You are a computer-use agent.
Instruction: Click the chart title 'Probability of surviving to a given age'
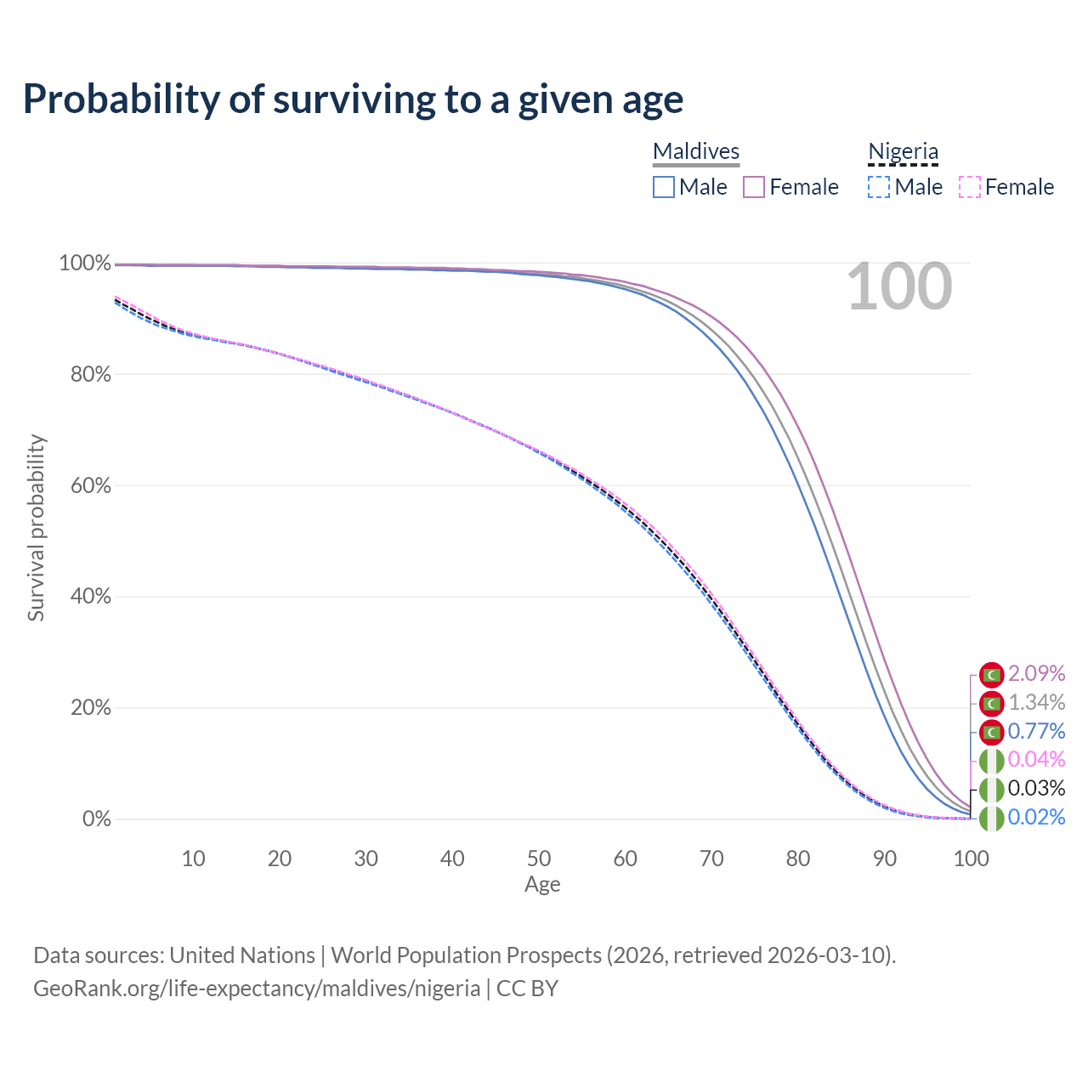(x=353, y=99)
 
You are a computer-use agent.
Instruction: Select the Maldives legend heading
(x=695, y=151)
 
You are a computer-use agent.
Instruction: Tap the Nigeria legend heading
(x=903, y=151)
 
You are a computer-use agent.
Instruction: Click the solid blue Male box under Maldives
(x=663, y=187)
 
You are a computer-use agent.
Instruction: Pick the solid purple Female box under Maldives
(x=754, y=187)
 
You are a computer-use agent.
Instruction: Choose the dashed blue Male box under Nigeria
(x=879, y=187)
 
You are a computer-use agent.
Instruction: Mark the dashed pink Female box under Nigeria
(x=970, y=187)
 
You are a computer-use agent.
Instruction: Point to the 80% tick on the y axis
(x=90, y=374)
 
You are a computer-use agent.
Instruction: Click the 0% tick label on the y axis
(x=97, y=819)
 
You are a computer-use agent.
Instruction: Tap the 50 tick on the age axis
(x=539, y=858)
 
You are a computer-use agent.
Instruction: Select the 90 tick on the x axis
(x=885, y=858)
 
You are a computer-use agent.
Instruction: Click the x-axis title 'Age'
(x=542, y=884)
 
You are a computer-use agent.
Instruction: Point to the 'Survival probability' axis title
(x=37, y=527)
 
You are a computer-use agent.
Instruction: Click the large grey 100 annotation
(x=899, y=286)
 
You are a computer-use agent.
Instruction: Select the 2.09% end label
(x=1037, y=673)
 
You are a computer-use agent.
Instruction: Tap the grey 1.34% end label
(x=1037, y=702)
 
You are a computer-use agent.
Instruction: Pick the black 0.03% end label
(x=1037, y=788)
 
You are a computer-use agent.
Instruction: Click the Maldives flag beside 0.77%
(x=991, y=733)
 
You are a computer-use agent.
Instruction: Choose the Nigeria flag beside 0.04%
(x=991, y=761)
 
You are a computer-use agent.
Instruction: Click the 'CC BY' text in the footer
(x=527, y=988)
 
